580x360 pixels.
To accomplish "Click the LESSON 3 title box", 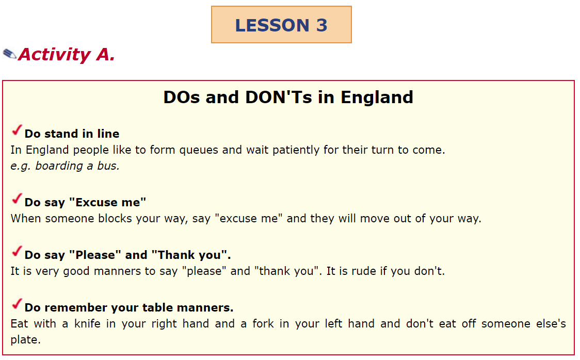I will point(281,25).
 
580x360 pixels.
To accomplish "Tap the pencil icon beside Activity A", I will point(9,54).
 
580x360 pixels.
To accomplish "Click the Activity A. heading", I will point(67,54).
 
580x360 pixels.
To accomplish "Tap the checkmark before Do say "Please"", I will point(17,252).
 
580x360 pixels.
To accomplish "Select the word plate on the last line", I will point(25,340).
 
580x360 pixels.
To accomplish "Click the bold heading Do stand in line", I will point(72,134).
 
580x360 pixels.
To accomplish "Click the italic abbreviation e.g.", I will point(20,166).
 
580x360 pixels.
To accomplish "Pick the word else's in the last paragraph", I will point(550,324).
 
